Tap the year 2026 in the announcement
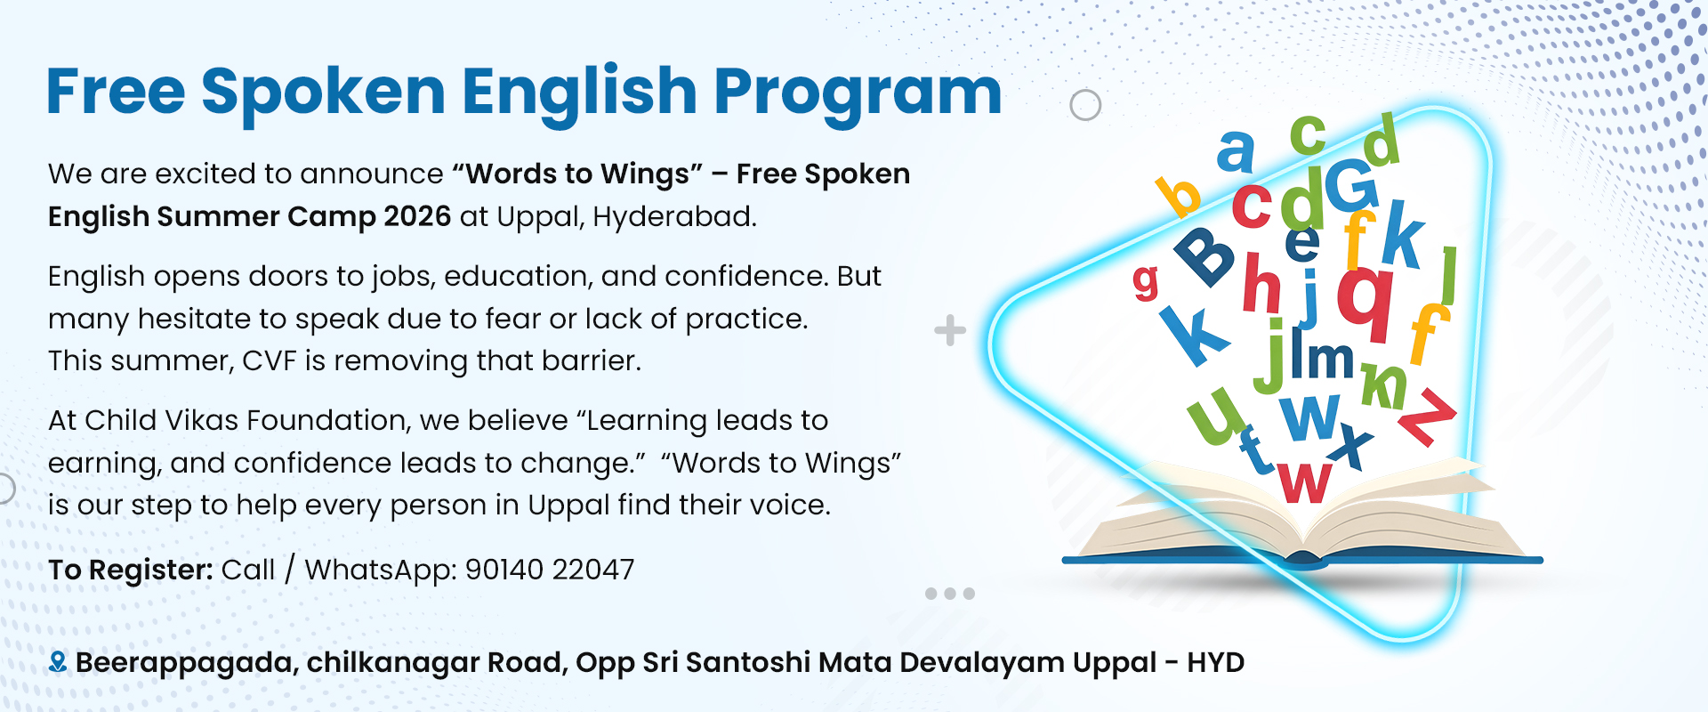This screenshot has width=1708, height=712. coord(417,216)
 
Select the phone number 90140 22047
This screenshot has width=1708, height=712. coord(550,570)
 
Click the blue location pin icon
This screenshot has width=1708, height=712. coord(58,662)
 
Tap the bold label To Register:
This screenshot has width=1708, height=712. coord(131,570)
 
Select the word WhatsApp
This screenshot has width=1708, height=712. coord(381,570)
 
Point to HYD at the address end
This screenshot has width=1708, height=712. coord(1215,663)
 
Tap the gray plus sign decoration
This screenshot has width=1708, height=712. coord(950,330)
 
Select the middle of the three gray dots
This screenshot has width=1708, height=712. coord(950,594)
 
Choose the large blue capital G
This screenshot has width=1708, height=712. coord(1351,185)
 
